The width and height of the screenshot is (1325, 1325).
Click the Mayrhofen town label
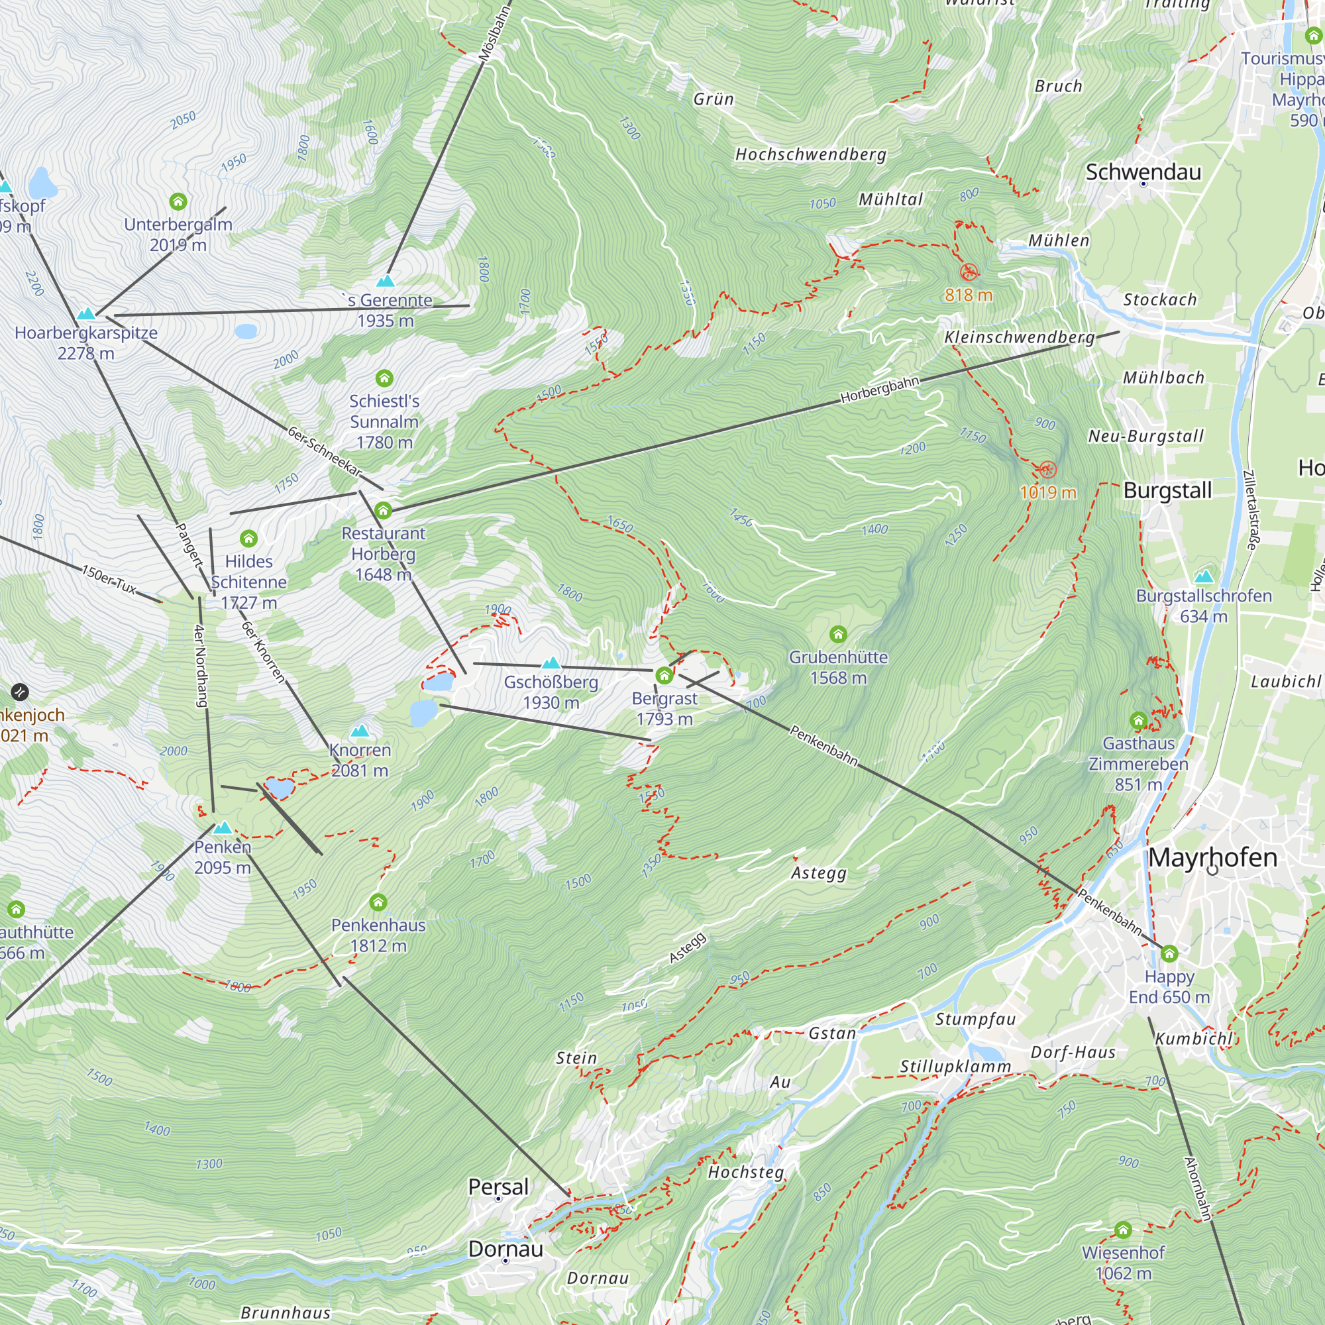(1212, 857)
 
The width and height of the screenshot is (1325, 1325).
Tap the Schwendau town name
(1143, 172)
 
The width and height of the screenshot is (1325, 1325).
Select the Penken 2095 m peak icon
(222, 827)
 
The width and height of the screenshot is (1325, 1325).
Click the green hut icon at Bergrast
(663, 676)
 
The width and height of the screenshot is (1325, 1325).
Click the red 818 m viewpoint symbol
(969, 272)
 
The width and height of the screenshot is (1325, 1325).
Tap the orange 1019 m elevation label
(1047, 492)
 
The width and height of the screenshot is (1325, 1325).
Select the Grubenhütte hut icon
(837, 634)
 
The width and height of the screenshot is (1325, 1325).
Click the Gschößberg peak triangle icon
(551, 663)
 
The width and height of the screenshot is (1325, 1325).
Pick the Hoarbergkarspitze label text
(85, 333)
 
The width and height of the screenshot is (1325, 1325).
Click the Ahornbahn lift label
(1197, 1189)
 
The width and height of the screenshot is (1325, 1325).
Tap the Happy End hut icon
(1169, 953)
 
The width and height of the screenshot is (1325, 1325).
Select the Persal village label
(498, 1187)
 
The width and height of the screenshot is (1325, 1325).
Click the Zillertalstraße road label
(1251, 509)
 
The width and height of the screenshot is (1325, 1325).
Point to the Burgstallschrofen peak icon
(1204, 576)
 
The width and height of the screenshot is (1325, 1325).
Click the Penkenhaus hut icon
(378, 902)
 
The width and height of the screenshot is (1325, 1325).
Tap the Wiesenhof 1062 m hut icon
(1123, 1230)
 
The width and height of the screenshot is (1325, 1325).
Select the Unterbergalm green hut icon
(178, 201)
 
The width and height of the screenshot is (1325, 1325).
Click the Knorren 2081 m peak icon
(359, 731)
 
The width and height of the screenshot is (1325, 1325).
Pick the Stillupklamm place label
(955, 1067)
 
